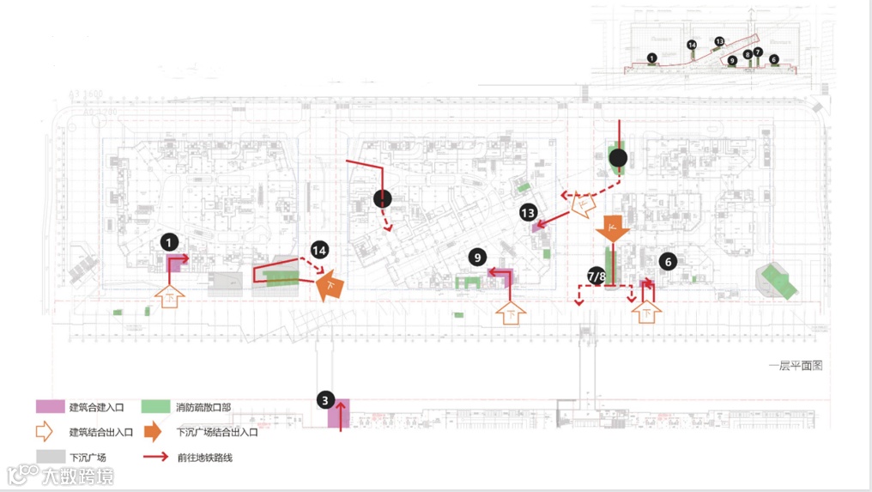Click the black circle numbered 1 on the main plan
tap(171, 243)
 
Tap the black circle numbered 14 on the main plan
tap(320, 251)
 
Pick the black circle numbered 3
tap(324, 399)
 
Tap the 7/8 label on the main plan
tap(596, 276)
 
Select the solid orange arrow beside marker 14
tap(330, 285)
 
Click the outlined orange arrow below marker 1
tap(171, 296)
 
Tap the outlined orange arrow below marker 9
tap(512, 313)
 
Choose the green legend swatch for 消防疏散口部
tap(155, 407)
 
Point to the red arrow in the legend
tap(155, 457)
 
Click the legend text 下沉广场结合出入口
tap(216, 432)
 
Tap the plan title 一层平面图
tap(796, 365)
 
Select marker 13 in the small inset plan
tap(719, 41)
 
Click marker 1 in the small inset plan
tap(652, 58)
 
